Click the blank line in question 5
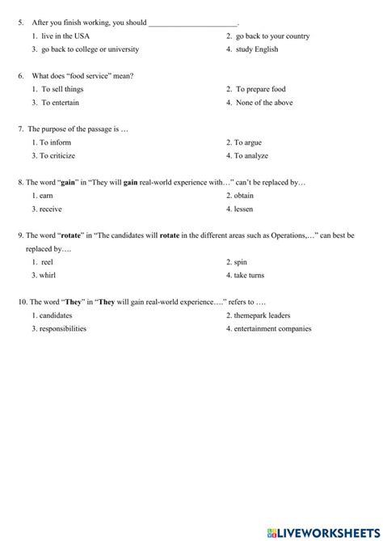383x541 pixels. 193,23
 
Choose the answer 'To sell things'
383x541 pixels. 61,89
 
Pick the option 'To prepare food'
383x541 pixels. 262,89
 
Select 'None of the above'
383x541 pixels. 264,103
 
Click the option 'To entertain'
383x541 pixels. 61,103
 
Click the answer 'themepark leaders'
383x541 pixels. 263,315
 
